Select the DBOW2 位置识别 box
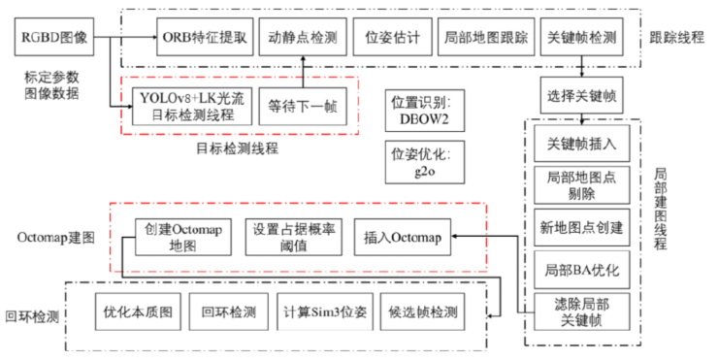click(418, 108)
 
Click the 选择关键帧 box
click(581, 97)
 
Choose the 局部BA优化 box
click(583, 267)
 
